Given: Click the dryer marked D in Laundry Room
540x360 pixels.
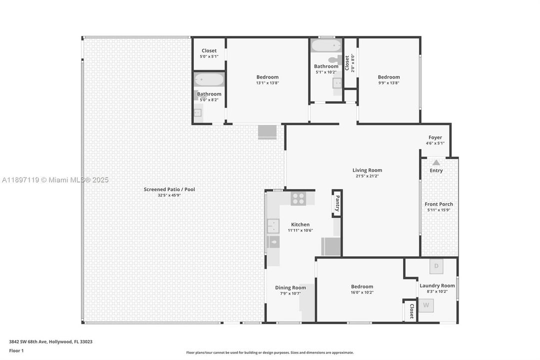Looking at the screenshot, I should click(436, 266).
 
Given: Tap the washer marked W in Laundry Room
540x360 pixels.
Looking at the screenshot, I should click(426, 305).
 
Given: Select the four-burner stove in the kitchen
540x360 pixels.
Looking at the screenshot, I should click(298, 198).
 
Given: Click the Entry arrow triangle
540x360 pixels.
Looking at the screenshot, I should click(436, 162).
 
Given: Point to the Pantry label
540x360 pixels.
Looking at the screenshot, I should click(337, 203).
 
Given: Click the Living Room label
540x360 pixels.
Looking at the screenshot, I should click(367, 170).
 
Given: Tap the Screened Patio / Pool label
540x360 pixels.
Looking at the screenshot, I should click(169, 189).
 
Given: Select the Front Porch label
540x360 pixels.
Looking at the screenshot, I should click(439, 204).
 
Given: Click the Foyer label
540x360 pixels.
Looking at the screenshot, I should click(435, 137).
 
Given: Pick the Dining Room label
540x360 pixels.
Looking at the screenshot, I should click(290, 287).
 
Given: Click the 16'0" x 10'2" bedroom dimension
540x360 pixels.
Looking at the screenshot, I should click(362, 292).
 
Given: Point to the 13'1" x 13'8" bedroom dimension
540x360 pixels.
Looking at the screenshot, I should click(267, 83).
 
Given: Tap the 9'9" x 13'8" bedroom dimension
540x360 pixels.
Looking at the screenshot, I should click(389, 83).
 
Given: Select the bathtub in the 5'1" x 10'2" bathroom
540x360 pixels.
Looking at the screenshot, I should click(325, 46).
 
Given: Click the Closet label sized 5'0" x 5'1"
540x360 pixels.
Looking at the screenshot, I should click(209, 50).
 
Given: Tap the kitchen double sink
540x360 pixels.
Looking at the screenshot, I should click(273, 226).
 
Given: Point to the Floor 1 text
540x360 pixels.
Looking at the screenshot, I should click(16, 351).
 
